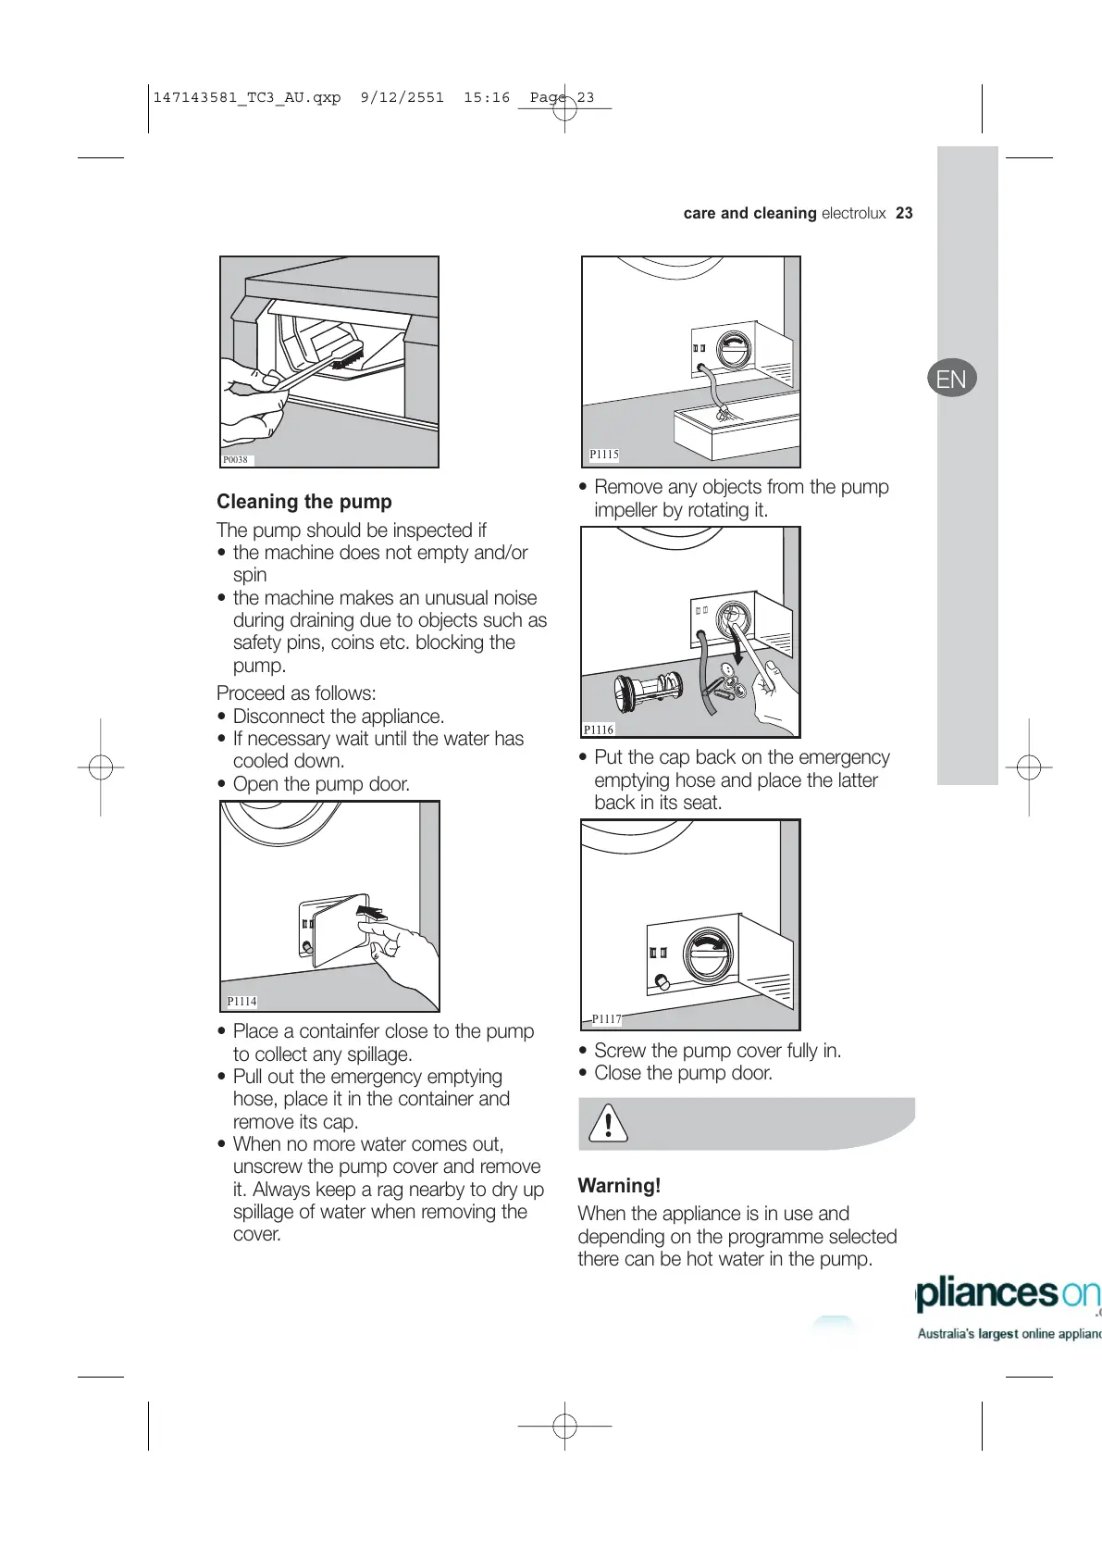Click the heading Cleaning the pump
304,502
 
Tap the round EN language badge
951,378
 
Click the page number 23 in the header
904,213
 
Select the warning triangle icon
608,1124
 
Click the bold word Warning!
619,1186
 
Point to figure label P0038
236,460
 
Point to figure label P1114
241,1002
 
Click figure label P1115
604,455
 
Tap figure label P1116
599,730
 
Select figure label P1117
606,1019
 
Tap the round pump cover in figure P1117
708,954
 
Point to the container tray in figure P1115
736,429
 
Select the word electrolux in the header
853,213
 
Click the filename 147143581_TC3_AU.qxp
247,97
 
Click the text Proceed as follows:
296,693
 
